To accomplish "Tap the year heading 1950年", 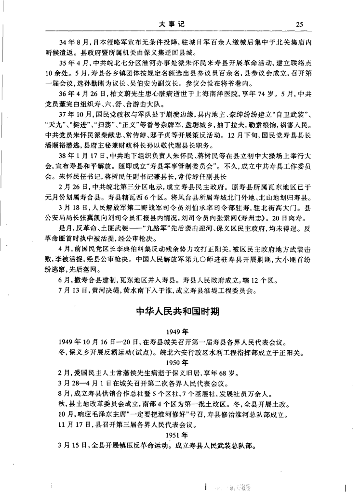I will (179, 362).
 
